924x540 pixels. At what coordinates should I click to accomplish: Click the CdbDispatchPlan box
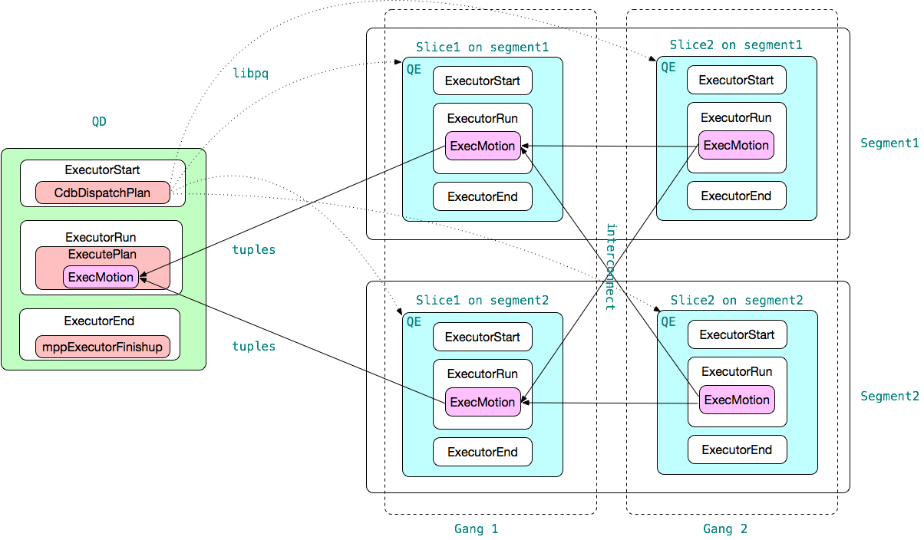102,193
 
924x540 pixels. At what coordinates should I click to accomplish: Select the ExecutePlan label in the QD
102,255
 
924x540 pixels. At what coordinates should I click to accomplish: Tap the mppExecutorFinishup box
102,347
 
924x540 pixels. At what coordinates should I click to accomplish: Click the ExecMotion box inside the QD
101,277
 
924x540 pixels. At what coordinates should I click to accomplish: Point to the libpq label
251,74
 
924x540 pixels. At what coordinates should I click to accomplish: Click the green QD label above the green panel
99,121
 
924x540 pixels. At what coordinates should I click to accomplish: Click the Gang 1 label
476,528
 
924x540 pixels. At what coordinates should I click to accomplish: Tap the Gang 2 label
725,528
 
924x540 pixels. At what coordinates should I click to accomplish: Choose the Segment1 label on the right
889,143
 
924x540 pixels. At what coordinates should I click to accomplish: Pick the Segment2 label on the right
889,397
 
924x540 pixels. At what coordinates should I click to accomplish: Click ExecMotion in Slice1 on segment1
482,146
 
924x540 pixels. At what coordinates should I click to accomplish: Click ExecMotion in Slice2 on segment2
737,400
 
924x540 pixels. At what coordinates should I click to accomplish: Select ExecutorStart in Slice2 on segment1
736,80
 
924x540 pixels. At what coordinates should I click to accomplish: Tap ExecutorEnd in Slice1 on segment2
482,452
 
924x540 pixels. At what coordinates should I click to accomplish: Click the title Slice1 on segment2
482,300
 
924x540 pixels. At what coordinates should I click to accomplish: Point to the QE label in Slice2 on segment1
668,67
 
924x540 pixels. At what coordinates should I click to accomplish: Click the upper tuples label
253,250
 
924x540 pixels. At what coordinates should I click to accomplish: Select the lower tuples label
253,347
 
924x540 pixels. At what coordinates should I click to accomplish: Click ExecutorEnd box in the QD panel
100,321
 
